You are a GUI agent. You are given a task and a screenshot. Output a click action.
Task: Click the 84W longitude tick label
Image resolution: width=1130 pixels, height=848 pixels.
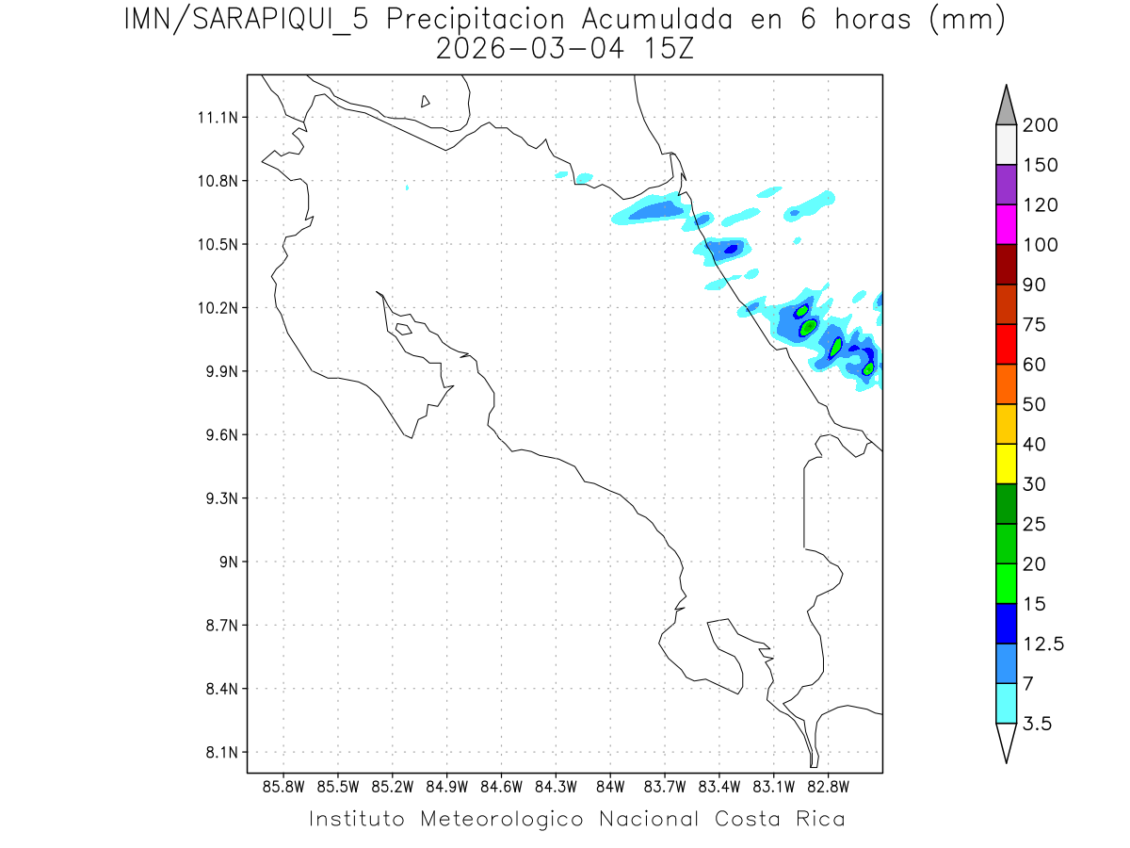pos(610,785)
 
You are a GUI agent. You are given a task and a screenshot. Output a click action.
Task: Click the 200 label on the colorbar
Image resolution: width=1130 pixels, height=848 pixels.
pos(1040,125)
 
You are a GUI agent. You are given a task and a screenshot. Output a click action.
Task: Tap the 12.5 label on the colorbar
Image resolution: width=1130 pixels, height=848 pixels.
pos(1043,644)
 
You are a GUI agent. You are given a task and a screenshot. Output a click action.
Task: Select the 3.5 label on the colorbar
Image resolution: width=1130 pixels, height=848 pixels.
pos(1037,724)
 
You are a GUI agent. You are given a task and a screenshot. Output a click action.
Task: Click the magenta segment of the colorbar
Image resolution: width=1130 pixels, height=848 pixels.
pos(1006,224)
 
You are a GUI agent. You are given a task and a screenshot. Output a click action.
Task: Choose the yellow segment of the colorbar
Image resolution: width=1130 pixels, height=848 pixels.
pos(1006,464)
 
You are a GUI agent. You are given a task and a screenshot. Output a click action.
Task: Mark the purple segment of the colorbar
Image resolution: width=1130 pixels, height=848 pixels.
pos(1006,185)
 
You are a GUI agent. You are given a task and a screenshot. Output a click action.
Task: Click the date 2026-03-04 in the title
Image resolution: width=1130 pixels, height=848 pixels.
pos(528,49)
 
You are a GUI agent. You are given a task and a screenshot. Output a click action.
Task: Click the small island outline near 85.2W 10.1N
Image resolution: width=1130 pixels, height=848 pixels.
pos(403,329)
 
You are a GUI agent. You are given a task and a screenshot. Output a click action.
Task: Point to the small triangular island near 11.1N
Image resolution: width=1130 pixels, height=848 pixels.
pos(426,101)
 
